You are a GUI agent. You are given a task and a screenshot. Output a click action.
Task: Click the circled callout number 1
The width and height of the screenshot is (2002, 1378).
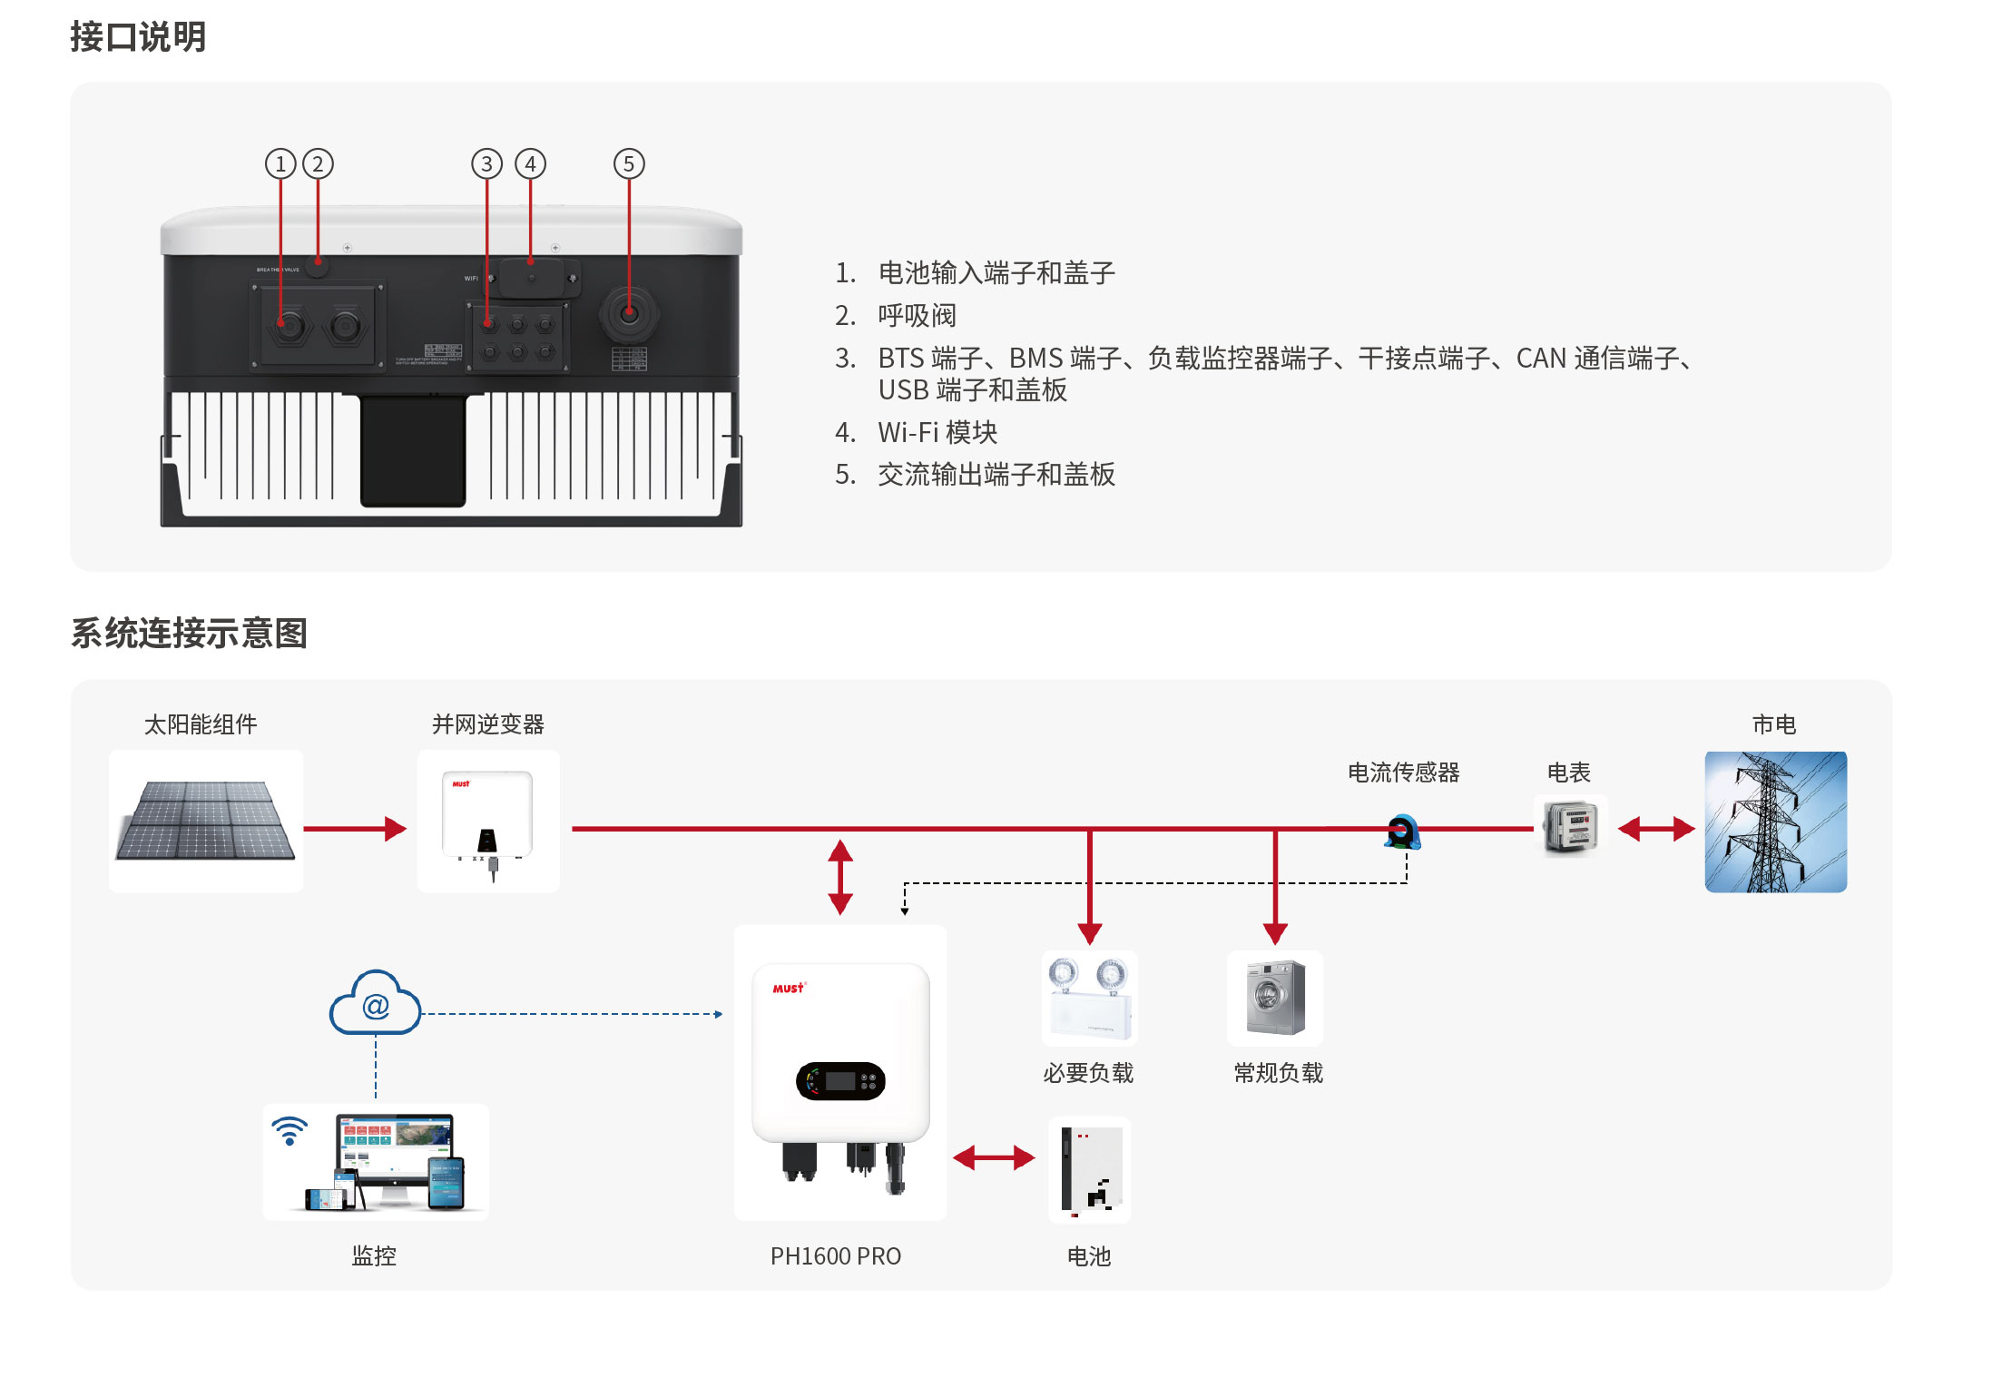280,164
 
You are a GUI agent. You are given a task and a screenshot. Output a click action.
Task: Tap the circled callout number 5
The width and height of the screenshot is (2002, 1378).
629,164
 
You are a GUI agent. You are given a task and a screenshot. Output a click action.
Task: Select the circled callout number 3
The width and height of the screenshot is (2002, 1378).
486,164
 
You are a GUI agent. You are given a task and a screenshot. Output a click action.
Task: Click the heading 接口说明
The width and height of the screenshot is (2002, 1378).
138,37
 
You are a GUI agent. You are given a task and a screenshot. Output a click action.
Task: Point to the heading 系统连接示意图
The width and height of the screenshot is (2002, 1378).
189,633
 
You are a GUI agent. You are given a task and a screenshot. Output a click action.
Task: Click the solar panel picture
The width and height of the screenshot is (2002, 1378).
206,820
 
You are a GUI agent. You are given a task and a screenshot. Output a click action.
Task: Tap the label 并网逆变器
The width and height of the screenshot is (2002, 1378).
487,724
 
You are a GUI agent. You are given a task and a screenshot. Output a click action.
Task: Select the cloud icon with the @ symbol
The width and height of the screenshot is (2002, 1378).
375,1004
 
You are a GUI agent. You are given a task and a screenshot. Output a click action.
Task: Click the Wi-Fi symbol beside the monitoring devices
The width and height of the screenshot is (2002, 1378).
290,1130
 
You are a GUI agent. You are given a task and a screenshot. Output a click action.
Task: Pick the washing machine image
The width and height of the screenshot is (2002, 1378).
1275,998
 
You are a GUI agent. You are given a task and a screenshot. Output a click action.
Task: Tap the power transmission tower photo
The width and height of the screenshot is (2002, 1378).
1775,822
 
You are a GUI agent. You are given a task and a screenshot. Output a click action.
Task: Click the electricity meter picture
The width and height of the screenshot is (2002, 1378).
1570,826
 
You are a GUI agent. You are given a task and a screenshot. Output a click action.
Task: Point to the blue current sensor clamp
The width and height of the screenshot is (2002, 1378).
1402,832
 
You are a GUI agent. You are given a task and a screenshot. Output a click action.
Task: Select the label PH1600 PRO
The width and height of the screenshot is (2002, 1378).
835,1256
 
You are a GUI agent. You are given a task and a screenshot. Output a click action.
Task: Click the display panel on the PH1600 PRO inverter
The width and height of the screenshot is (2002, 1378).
840,1081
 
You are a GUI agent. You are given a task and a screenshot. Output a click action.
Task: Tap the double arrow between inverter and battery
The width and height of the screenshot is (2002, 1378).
994,1157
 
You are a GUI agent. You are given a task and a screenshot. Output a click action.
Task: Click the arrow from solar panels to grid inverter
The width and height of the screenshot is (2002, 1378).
355,828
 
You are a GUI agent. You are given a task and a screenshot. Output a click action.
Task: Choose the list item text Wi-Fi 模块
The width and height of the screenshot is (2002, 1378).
937,432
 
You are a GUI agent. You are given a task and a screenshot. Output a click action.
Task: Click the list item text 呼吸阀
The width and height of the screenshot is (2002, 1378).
917,316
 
